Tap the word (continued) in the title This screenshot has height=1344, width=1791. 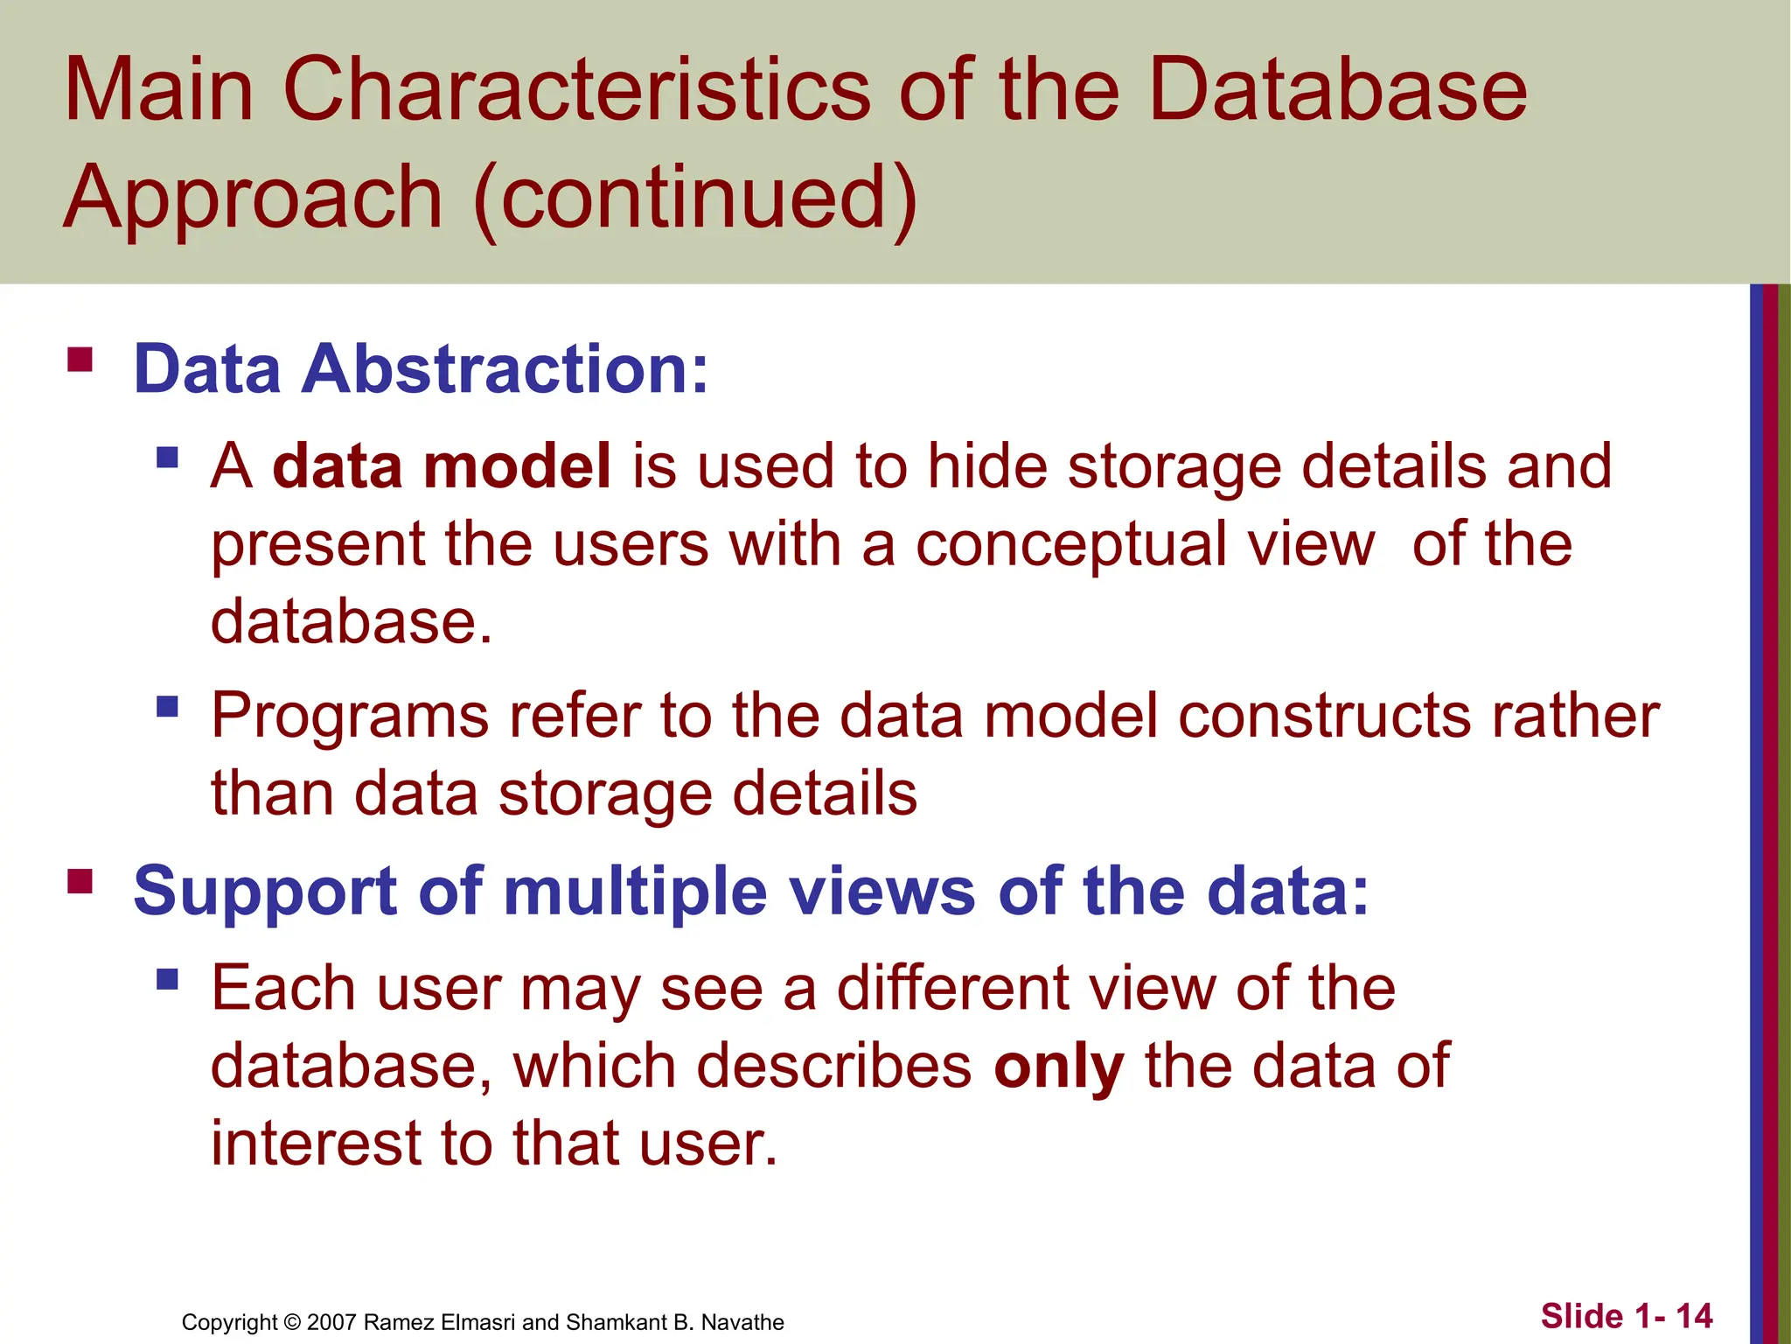pos(695,198)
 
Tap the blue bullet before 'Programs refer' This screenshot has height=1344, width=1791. pos(167,706)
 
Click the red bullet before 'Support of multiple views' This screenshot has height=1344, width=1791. pos(80,880)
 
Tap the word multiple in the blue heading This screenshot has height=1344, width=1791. pos(636,892)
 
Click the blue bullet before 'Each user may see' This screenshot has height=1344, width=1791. pos(167,978)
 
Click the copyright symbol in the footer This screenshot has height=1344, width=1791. pos(292,1322)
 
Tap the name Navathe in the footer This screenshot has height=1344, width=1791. pos(742,1322)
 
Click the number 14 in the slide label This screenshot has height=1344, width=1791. pos(1694,1316)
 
